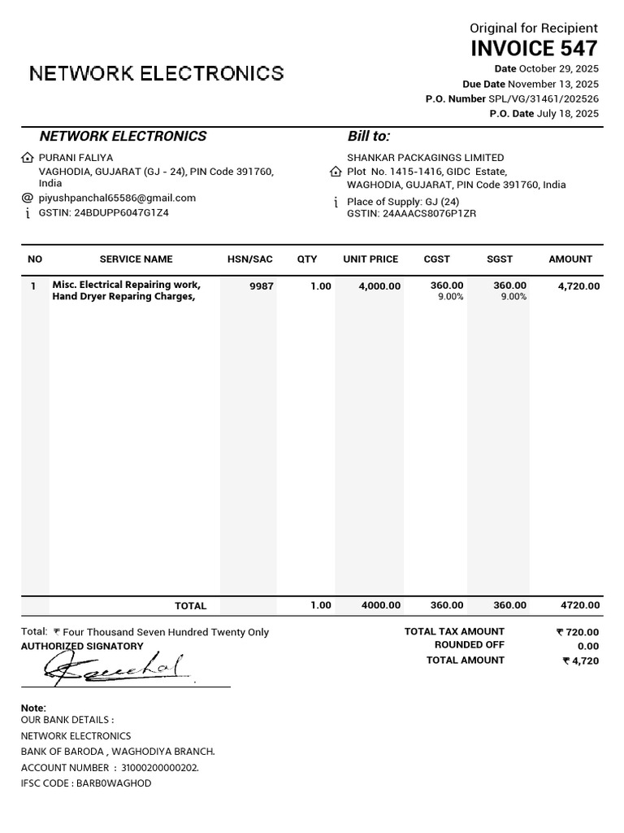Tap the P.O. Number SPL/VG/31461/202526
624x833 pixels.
tap(544, 99)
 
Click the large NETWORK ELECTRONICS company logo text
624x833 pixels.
tap(157, 74)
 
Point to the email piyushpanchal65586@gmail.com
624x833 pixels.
tap(117, 198)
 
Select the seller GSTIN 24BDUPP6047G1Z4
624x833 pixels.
tap(121, 213)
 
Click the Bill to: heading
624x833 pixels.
tap(369, 137)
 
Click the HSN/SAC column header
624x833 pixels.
tap(250, 259)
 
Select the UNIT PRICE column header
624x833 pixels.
tap(370, 259)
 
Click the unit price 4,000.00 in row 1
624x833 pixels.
tap(379, 286)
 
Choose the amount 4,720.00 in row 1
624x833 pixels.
tap(578, 286)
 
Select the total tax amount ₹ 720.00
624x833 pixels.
tap(578, 632)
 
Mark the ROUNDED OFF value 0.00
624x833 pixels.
tap(588, 646)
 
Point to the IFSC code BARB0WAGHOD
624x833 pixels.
tap(114, 783)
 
